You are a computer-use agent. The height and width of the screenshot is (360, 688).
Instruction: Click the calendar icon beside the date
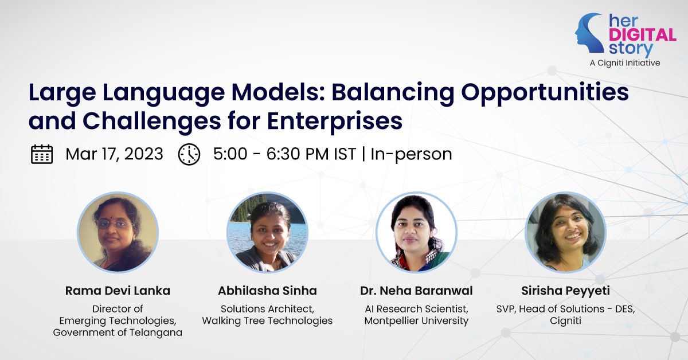[42, 154]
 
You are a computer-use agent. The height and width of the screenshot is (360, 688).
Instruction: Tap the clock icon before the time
[189, 154]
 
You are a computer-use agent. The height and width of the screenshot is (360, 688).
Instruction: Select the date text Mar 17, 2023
[114, 154]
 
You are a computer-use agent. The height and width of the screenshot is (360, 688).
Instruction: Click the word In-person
[411, 154]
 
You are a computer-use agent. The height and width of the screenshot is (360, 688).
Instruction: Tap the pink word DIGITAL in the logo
[642, 35]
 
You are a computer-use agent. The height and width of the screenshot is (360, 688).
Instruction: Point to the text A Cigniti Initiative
[625, 63]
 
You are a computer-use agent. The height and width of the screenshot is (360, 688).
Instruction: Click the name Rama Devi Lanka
[118, 291]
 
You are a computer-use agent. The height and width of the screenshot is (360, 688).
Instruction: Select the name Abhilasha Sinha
[267, 291]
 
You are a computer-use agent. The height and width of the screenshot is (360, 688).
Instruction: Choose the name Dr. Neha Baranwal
[416, 291]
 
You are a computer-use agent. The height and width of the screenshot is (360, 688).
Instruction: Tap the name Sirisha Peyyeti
[565, 291]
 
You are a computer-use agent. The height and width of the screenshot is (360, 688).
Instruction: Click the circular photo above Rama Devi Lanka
[118, 232]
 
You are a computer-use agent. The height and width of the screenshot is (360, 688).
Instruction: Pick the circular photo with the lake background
[267, 232]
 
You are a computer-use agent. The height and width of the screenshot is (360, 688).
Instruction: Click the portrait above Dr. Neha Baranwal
[416, 232]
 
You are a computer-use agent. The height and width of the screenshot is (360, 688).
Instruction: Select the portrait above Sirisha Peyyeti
[565, 232]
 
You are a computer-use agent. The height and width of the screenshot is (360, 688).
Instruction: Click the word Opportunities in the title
[545, 93]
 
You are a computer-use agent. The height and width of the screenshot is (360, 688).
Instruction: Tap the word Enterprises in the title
[334, 121]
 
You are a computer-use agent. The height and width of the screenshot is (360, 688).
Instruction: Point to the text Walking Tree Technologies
[267, 320]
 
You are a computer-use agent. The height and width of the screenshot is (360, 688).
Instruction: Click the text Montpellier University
[416, 320]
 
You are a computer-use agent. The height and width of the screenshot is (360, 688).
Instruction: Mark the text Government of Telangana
[118, 332]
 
